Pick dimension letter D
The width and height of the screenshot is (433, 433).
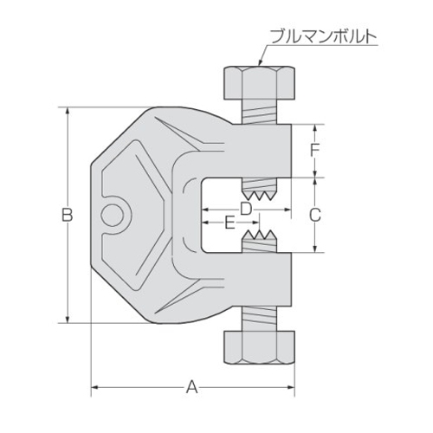coord(246,209)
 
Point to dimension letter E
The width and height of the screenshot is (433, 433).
coord(229,223)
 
